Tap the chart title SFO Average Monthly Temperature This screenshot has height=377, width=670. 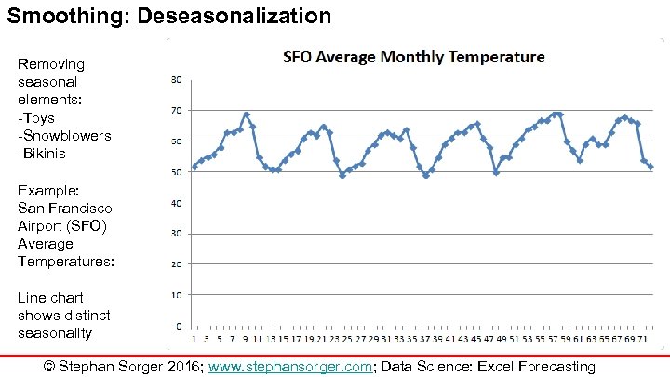pyautogui.click(x=413, y=58)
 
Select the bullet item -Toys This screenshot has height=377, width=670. pyautogui.click(x=37, y=117)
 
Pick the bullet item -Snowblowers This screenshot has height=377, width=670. pyautogui.click(x=64, y=136)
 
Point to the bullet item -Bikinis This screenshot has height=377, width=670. pyautogui.click(x=42, y=154)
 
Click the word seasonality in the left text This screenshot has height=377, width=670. pyautogui.click(x=55, y=332)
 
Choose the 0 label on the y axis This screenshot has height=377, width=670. pyautogui.click(x=177, y=327)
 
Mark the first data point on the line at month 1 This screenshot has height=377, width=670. pyautogui.click(x=194, y=167)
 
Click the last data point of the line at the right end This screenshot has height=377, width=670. pyautogui.click(x=651, y=167)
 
